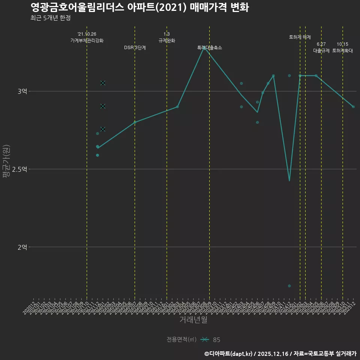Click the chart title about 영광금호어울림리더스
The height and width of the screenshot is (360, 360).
click(139, 7)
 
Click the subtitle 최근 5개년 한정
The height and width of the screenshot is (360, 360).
click(51, 18)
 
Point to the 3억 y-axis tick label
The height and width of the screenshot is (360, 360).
click(22, 91)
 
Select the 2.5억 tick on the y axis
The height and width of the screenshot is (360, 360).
click(20, 169)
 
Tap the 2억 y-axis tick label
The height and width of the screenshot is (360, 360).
click(22, 247)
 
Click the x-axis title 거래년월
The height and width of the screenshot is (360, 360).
click(193, 320)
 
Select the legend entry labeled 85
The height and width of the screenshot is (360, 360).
click(216, 340)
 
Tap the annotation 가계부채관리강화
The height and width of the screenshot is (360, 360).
click(87, 40)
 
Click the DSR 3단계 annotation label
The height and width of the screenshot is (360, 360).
click(135, 48)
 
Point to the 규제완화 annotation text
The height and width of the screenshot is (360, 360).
click(167, 40)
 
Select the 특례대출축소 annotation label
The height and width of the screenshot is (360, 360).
click(210, 48)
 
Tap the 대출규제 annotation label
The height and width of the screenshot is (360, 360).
click(321, 51)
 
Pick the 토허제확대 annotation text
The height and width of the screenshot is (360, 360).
click(342, 51)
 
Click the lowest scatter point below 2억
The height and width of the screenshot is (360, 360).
click(289, 286)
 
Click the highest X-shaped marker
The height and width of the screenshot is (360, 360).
click(103, 83)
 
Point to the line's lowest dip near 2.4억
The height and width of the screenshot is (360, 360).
click(289, 181)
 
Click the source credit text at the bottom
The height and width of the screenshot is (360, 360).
click(280, 354)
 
